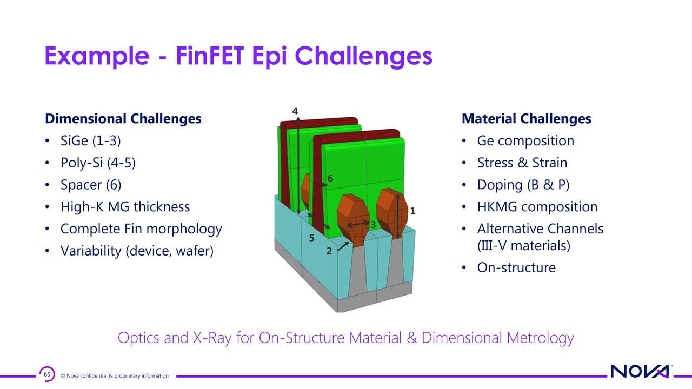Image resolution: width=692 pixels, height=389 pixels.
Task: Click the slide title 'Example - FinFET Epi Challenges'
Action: [238, 56]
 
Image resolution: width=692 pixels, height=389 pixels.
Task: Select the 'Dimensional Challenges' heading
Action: [123, 119]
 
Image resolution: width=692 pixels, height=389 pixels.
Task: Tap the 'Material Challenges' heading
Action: [526, 119]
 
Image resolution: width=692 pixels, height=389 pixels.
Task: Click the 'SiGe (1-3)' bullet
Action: [90, 141]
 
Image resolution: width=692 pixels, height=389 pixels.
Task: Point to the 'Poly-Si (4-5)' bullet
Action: [98, 163]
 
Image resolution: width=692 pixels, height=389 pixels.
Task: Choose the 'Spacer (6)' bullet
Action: [91, 185]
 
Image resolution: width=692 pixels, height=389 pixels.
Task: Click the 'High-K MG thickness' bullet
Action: [125, 207]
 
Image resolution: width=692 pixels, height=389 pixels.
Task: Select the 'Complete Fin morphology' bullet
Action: [141, 229]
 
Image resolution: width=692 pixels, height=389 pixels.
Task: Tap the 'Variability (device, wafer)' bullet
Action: [137, 251]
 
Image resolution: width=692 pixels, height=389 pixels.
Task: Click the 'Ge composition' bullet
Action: [525, 141]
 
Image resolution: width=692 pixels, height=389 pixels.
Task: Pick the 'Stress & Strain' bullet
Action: [522, 163]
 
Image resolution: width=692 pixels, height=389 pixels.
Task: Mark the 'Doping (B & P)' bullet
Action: [523, 185]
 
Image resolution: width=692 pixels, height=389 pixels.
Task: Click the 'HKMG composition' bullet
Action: [537, 207]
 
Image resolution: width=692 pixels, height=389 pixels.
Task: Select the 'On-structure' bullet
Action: [516, 268]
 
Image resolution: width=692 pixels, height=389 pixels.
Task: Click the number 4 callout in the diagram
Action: [295, 111]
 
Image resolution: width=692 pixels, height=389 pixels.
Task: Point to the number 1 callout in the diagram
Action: [412, 211]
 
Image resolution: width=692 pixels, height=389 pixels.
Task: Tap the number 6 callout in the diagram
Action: [330, 179]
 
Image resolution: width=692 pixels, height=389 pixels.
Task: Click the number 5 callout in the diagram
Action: [312, 238]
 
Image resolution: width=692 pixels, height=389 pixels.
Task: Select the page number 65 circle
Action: [47, 374]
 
